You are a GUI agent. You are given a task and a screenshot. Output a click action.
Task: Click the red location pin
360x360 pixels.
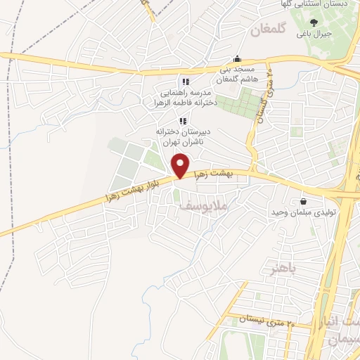(x=181, y=165)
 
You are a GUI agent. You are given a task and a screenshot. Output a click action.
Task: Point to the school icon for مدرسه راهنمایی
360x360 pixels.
(x=185, y=82)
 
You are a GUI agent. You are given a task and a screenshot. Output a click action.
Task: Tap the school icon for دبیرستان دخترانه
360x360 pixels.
(x=183, y=121)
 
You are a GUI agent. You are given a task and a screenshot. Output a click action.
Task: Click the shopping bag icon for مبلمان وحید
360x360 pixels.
(x=304, y=200)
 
